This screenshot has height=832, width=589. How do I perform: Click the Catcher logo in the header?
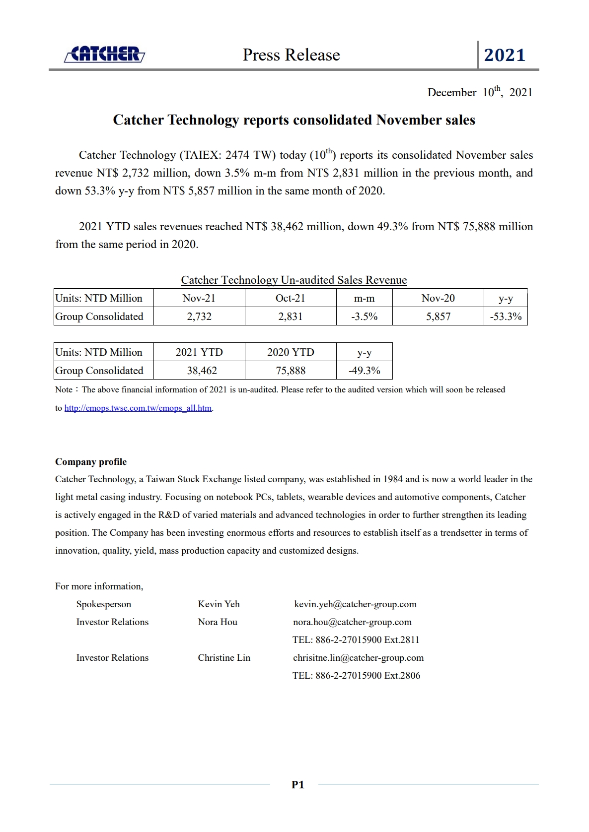[104, 54]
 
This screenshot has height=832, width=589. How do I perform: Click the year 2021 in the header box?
[505, 55]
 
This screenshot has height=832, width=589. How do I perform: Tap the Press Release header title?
[291, 55]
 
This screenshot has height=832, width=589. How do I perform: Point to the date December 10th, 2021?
[480, 92]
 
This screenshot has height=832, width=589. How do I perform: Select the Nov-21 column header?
[199, 298]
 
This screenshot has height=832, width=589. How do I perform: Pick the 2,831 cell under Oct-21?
[290, 317]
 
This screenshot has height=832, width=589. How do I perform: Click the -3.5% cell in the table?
[364, 317]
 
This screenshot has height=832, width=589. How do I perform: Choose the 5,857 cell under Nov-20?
[438, 317]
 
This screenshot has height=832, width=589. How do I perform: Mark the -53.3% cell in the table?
[506, 317]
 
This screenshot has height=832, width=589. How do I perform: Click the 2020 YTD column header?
[291, 352]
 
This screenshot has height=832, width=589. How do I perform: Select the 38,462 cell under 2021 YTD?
[202, 371]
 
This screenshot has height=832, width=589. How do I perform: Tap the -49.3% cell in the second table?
[364, 371]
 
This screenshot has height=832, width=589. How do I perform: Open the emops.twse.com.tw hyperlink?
[138, 408]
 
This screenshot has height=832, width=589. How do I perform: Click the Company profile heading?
[91, 462]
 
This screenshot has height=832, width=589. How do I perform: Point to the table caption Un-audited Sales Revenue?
[294, 280]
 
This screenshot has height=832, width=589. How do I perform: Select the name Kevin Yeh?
[219, 604]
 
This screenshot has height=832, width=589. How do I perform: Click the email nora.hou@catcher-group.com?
[352, 622]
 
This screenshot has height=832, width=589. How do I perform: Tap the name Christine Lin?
[224, 658]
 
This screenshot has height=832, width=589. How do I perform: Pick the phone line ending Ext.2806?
[356, 676]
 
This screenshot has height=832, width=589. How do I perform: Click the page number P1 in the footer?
[297, 785]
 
